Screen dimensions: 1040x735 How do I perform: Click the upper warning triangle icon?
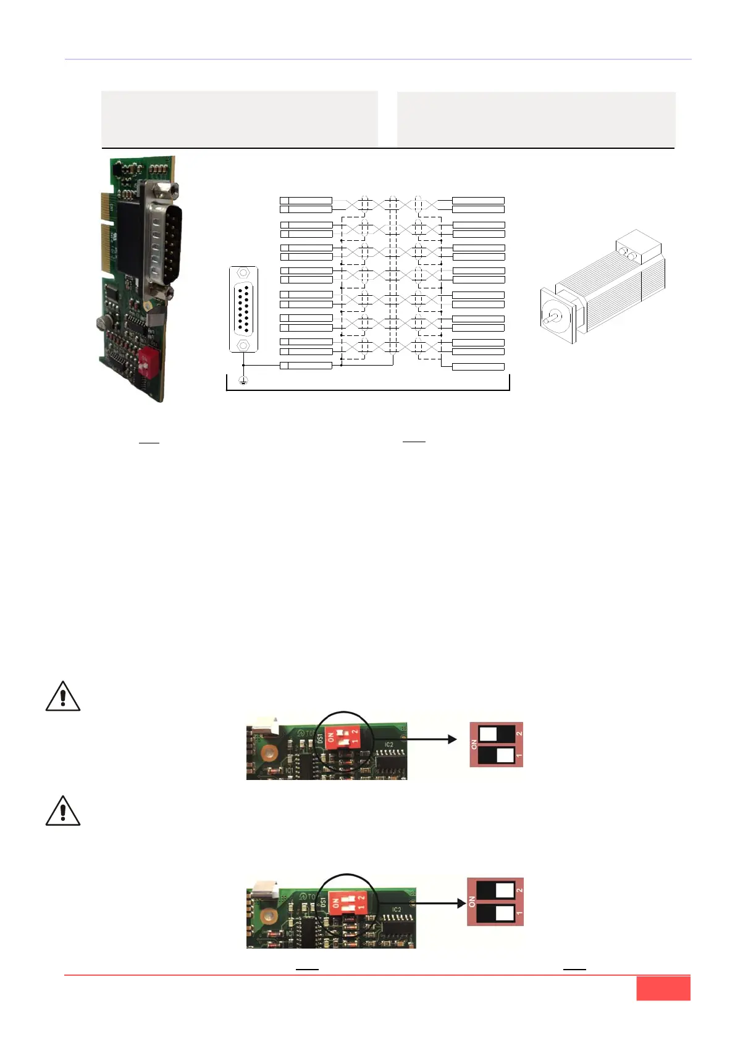point(63,697)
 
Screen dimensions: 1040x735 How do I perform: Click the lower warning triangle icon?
point(63,811)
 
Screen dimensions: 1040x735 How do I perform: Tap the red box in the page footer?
point(663,988)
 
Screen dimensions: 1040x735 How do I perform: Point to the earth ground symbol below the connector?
point(243,380)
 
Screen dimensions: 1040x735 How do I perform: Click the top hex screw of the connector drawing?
point(243,273)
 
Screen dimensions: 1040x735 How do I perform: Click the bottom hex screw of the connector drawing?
point(243,345)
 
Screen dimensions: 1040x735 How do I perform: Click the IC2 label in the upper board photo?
point(388,745)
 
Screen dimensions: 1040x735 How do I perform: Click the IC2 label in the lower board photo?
point(397,910)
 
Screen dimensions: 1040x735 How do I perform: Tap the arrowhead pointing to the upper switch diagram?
point(452,739)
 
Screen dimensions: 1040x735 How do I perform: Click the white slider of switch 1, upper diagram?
point(505,755)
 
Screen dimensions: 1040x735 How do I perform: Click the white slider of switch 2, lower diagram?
point(505,890)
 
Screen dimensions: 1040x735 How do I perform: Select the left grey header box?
point(239,119)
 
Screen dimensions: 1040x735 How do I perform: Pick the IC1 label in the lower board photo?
point(290,933)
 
